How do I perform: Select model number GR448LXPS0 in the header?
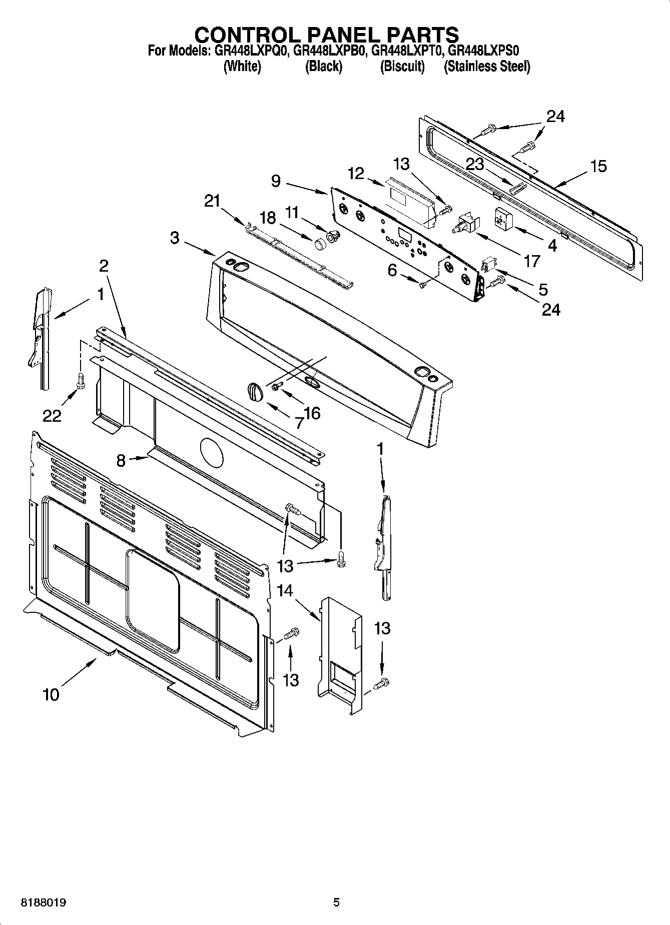point(483,51)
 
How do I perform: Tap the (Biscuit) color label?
point(402,66)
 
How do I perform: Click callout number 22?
point(52,415)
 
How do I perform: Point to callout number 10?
point(51,694)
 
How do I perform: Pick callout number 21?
point(212,201)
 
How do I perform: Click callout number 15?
point(598,166)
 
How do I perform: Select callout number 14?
point(285,591)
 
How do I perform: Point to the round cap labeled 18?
point(319,245)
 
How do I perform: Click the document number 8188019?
point(43,902)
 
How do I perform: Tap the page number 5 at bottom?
point(336,902)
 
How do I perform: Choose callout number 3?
point(174,238)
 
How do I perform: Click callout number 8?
point(121,460)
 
